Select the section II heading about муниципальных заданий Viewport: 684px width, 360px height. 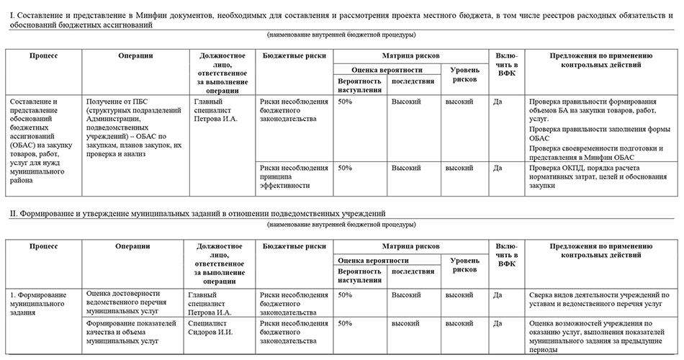[197, 213]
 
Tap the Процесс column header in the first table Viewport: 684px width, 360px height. [43, 55]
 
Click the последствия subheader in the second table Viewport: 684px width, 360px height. [413, 271]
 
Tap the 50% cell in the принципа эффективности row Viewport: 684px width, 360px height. [345, 168]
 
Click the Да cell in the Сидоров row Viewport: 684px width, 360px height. [498, 324]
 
